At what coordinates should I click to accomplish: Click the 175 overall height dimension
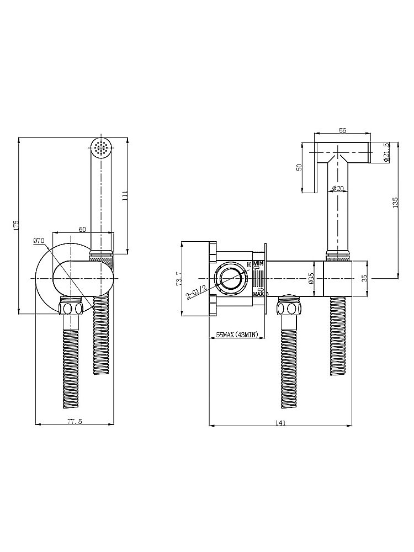coord(17,225)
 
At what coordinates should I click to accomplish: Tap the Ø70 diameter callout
coord(39,241)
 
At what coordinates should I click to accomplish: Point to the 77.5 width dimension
coord(75,421)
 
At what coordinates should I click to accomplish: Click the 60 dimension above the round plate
coord(82,229)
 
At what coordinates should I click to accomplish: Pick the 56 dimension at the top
coord(342,130)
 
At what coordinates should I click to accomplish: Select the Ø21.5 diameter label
coord(386,152)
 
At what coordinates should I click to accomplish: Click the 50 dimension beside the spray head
coord(299,167)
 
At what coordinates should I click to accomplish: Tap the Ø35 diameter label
coord(311,278)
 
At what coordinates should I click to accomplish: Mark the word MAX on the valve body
coord(258,294)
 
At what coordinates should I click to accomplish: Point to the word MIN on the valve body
coord(258,264)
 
